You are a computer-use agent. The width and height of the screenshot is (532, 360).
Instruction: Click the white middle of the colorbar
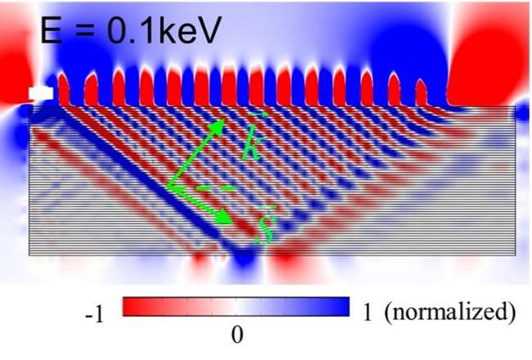(237, 307)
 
